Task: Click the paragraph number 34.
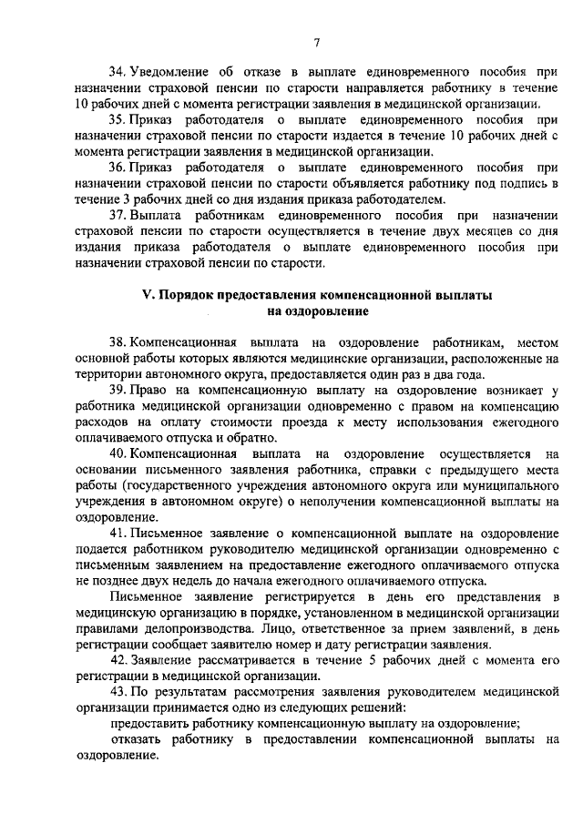[x=117, y=70]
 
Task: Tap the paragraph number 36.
[x=117, y=169]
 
